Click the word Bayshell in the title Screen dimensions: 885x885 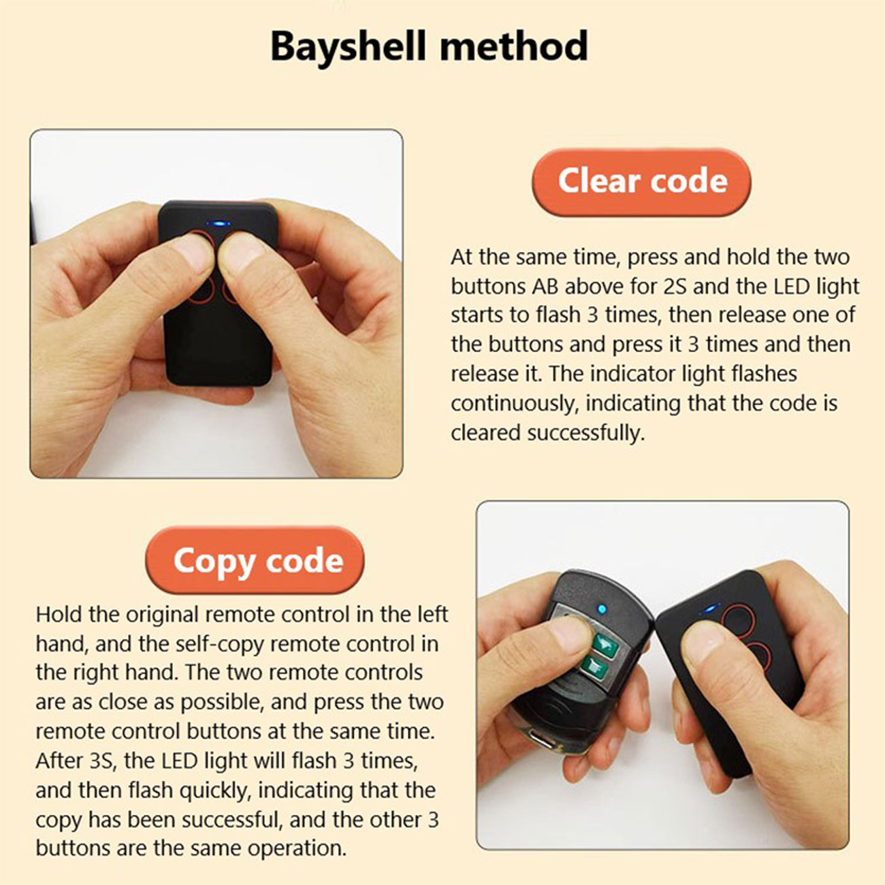(x=349, y=48)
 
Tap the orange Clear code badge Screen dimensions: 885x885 (x=641, y=182)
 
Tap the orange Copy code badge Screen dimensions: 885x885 (x=255, y=560)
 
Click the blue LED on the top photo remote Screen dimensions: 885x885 (x=219, y=224)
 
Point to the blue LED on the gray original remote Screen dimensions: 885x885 (x=602, y=610)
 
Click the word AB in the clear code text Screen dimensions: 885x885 (x=545, y=287)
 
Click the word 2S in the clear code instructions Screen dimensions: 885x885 (x=675, y=287)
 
